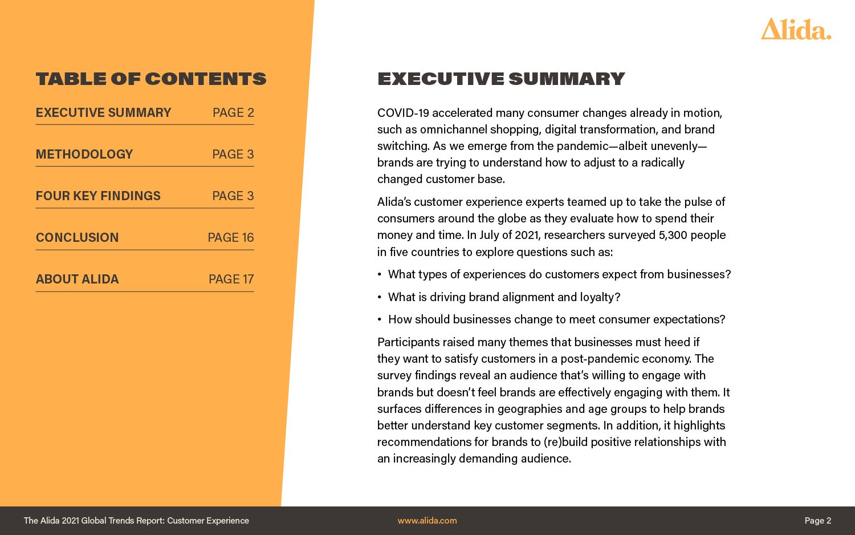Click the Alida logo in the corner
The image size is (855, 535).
point(796,29)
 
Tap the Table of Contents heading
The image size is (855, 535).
point(151,79)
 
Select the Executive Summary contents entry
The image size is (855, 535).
point(103,113)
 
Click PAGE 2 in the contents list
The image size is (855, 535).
point(233,113)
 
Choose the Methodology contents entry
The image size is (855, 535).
point(84,155)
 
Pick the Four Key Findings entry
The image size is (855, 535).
point(98,196)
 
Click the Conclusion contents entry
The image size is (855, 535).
point(77,238)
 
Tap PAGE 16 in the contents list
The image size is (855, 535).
point(231,238)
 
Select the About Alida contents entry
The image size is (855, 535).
point(77,279)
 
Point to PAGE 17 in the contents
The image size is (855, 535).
point(231,279)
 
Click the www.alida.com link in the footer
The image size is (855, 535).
point(427,521)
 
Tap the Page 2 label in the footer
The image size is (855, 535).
point(817,521)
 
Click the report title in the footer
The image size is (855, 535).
point(136,521)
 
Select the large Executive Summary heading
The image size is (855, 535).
point(501,79)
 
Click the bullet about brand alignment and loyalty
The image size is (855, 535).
point(504,297)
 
